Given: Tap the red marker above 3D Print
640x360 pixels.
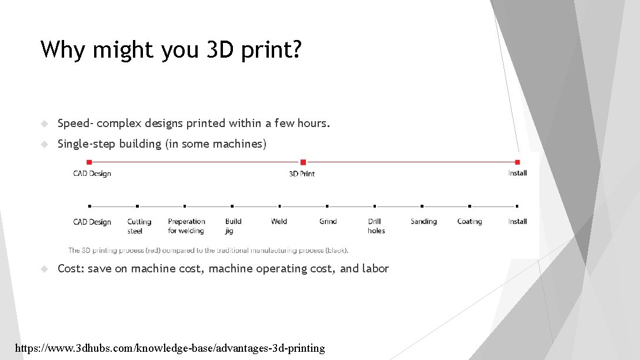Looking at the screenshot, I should pos(303,162).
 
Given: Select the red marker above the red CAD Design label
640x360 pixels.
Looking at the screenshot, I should pos(89,162).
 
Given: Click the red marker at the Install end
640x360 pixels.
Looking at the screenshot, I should pos(517,162).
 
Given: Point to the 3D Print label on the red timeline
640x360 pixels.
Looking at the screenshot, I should pos(302,174).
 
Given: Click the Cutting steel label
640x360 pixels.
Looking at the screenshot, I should pos(139,226).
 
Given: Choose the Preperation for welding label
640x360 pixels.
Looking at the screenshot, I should pos(186,226).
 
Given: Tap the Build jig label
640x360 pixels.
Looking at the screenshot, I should pos(233,226).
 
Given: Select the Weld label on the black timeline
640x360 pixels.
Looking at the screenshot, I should pos(279,221).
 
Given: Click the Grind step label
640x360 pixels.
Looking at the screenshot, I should pos(328,221).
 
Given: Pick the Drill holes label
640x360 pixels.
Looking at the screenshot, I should pos(376,226).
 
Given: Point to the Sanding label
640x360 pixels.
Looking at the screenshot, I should pos(424,221).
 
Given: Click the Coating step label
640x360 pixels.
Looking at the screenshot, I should pos(469,221).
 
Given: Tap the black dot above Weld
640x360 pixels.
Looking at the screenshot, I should pos(279,206).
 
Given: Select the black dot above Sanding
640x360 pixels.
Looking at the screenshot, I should pos(422,206).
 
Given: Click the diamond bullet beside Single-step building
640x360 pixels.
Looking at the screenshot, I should pos(44,144).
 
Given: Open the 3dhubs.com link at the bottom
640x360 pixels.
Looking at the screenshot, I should pos(169,348).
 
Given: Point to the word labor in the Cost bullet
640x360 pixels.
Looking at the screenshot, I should pos(375,268).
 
